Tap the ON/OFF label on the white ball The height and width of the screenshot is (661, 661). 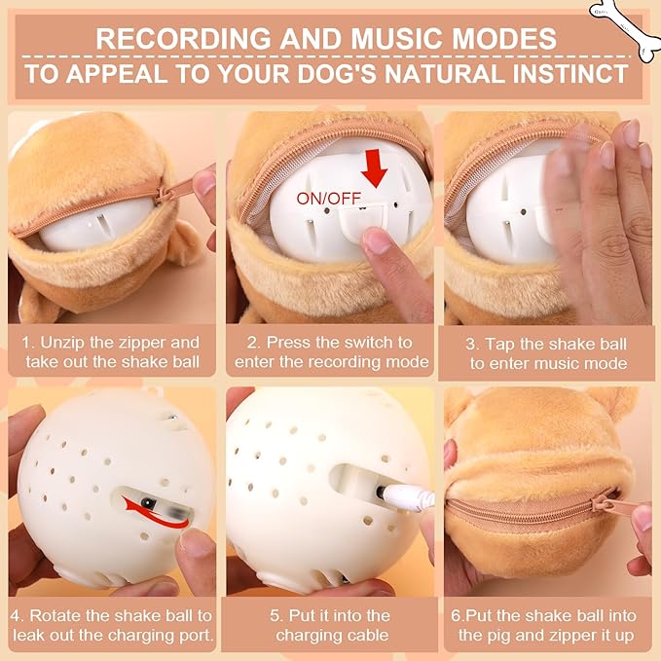329,199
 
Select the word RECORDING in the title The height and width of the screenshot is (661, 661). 183,39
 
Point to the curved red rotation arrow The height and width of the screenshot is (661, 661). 155,513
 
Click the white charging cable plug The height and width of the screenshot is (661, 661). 406,496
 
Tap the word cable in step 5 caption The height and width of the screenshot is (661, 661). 365,636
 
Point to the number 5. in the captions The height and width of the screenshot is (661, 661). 276,616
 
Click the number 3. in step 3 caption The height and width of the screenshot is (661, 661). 472,344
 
